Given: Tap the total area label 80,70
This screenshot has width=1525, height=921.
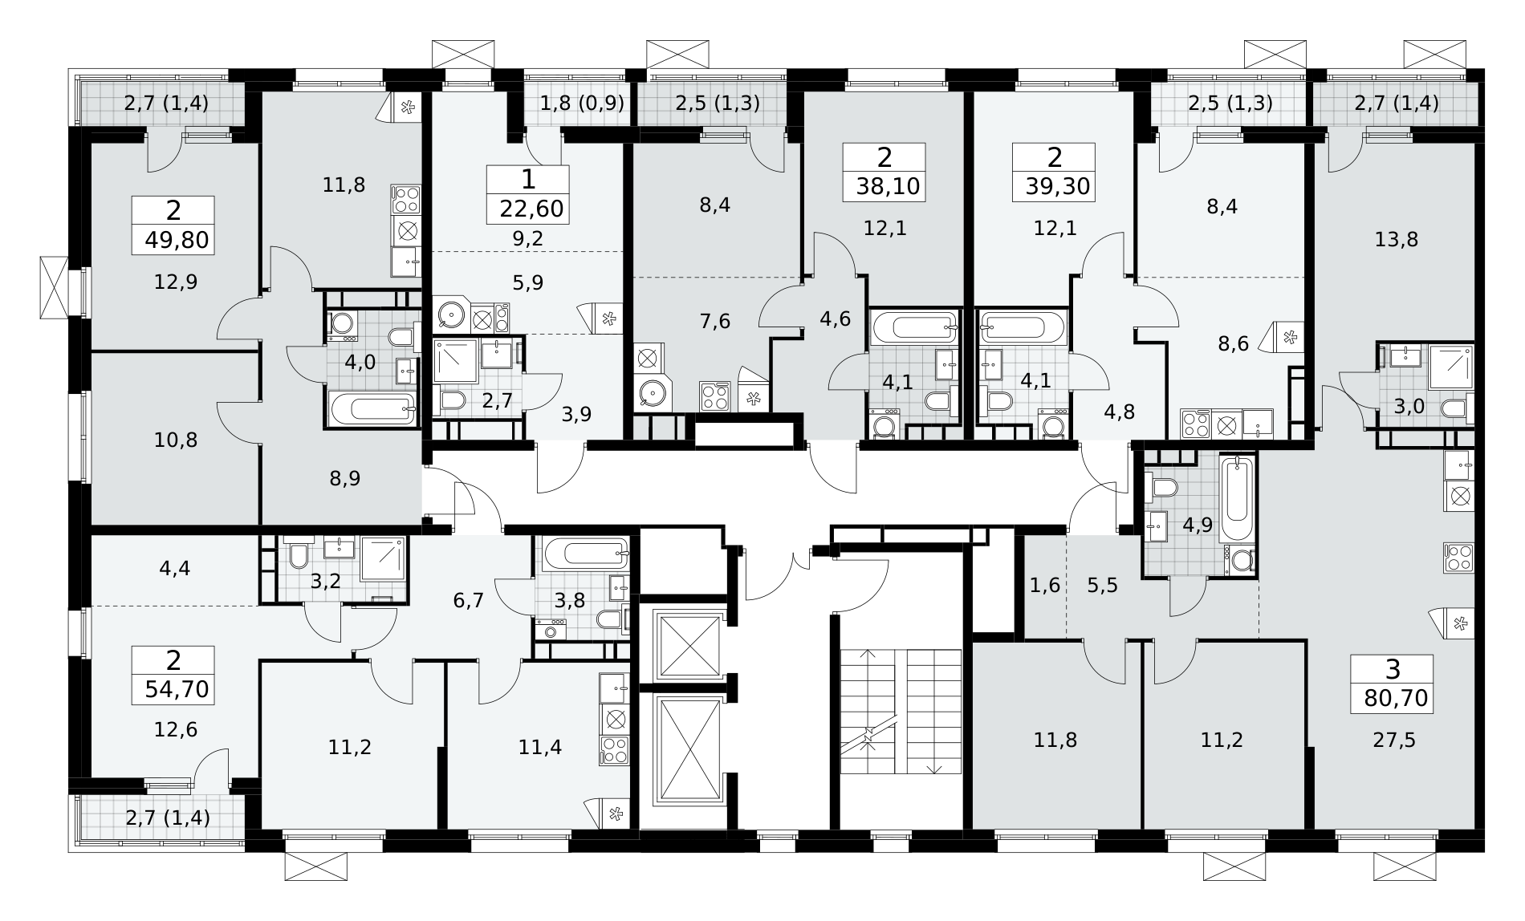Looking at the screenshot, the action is coord(1396,698).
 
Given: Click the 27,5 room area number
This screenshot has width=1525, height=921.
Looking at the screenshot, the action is coord(1394,740).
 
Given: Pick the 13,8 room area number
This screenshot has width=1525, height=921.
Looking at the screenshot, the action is coord(1397,239).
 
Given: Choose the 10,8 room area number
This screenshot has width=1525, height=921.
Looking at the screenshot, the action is coord(176,440).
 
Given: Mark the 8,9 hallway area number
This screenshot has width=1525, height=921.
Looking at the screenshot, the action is coord(345,478).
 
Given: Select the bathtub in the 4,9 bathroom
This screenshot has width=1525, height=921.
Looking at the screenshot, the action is coord(1236,499).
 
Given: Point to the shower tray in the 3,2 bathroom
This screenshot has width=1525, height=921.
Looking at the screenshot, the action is coord(383,559).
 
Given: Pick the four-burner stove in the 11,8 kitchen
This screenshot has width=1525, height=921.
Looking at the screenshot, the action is coord(405,199).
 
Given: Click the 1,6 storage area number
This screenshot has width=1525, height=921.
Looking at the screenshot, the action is coord(1044,584).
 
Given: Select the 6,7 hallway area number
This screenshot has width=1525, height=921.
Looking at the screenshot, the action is coord(469,599).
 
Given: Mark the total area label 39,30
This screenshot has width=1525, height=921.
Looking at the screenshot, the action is coord(1057,187).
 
